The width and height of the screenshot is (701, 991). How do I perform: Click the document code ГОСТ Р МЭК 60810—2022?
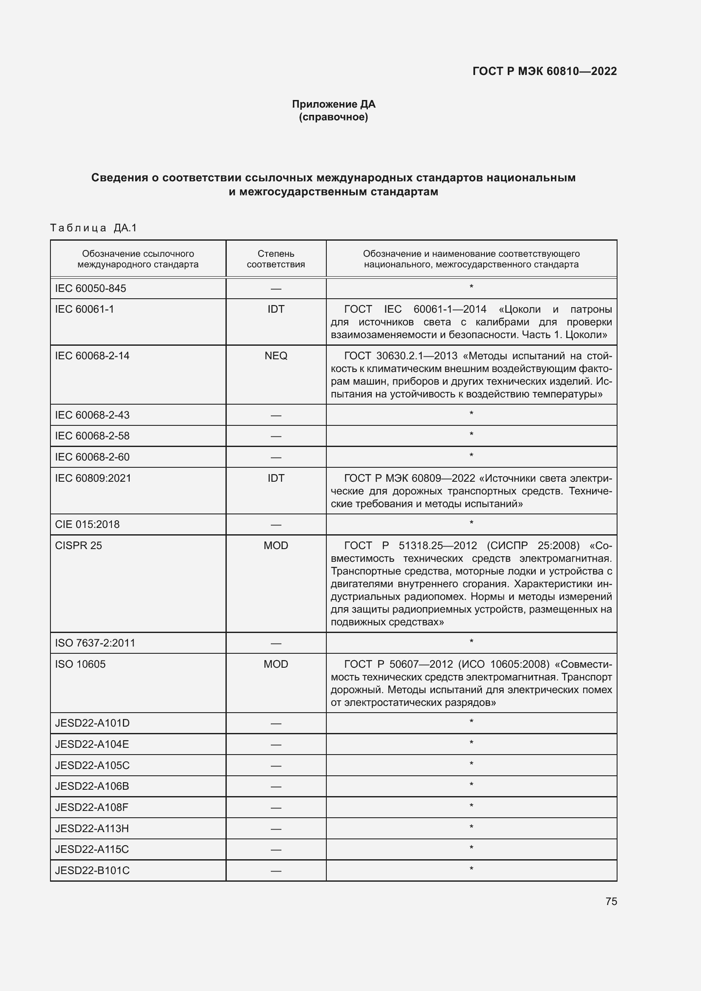click(x=544, y=71)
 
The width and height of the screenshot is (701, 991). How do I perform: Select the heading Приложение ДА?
click(x=334, y=104)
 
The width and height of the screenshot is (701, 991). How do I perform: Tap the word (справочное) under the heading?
click(x=334, y=117)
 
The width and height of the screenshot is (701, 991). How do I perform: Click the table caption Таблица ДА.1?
click(x=93, y=228)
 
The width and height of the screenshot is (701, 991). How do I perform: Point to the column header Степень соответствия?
click(x=276, y=259)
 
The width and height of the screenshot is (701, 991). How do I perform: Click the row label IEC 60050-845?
click(x=91, y=289)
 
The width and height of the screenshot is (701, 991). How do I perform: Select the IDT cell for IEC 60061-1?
click(x=276, y=309)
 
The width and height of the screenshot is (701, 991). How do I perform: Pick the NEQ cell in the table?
click(x=276, y=355)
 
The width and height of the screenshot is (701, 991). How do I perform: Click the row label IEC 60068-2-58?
click(x=92, y=436)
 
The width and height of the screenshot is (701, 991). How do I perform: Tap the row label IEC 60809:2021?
click(x=93, y=478)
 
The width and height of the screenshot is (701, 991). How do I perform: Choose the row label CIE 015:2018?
click(x=87, y=525)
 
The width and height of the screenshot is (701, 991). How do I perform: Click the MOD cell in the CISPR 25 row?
click(x=276, y=546)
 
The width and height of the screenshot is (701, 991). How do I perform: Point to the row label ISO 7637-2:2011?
click(x=95, y=643)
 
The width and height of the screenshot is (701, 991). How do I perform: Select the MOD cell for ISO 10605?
click(x=276, y=664)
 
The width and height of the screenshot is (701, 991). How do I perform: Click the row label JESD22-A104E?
click(x=92, y=744)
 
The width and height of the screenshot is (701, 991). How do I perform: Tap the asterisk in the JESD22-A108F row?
click(x=471, y=806)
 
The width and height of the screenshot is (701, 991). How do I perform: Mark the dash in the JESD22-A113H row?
click(x=276, y=829)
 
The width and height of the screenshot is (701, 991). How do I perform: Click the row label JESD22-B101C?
click(x=92, y=871)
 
